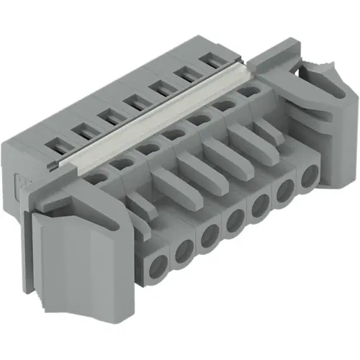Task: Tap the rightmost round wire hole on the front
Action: point(310,176)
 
